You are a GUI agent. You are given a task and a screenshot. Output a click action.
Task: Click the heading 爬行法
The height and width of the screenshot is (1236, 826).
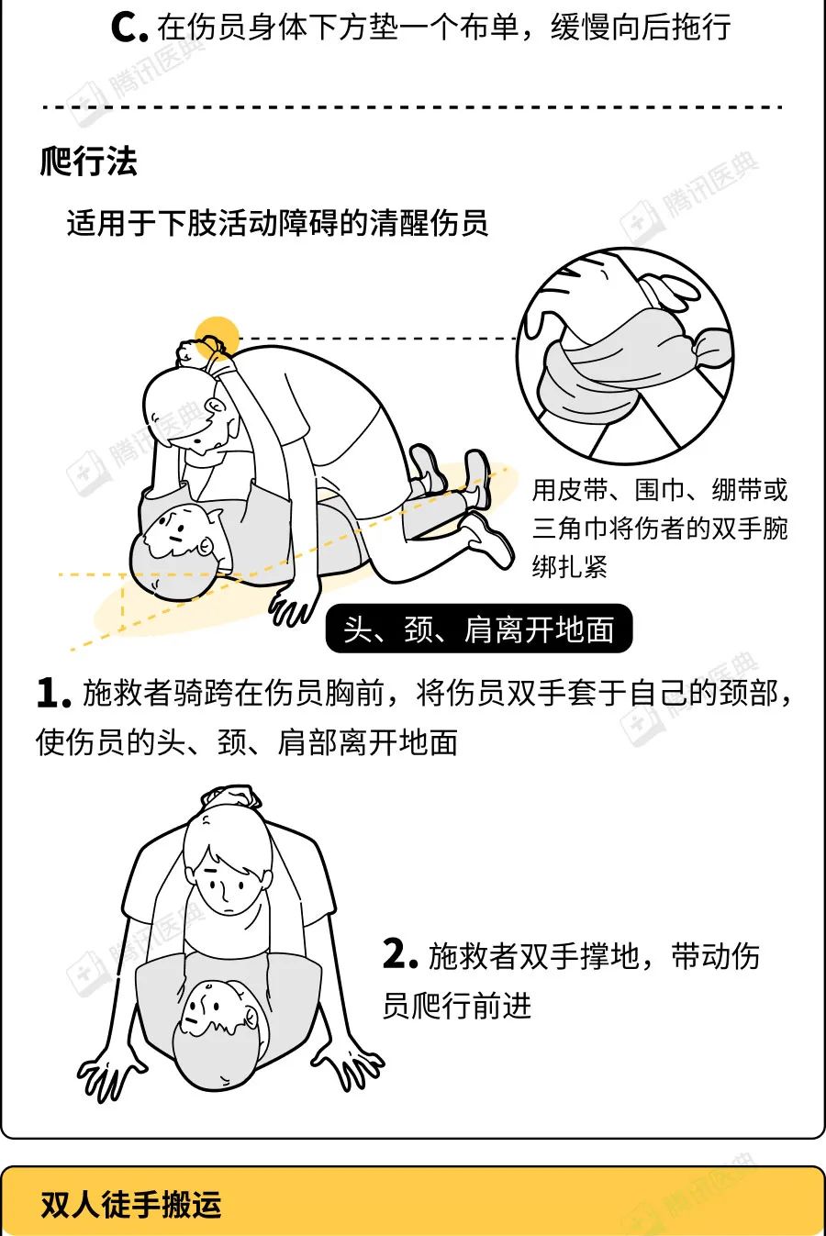pyautogui.click(x=88, y=161)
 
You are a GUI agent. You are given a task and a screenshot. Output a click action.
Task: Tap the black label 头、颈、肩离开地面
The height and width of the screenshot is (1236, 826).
pyautogui.click(x=479, y=629)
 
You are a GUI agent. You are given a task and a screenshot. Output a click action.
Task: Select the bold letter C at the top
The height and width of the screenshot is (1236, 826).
pyautogui.click(x=127, y=28)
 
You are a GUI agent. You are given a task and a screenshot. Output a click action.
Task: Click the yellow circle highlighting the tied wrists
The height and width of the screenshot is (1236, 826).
pyautogui.click(x=217, y=339)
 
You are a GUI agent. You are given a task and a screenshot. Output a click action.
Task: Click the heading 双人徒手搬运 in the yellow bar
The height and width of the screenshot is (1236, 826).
pyautogui.click(x=131, y=1205)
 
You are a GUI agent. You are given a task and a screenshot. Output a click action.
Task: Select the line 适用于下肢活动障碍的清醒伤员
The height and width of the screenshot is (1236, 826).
pyautogui.click(x=277, y=224)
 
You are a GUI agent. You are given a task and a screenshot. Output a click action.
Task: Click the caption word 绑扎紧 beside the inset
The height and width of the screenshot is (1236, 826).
pyautogui.click(x=569, y=567)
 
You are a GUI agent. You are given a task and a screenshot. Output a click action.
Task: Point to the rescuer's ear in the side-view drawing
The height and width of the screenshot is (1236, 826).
pyautogui.click(x=217, y=407)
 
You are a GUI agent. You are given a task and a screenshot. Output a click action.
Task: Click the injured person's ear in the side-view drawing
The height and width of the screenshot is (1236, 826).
pyautogui.click(x=206, y=546)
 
